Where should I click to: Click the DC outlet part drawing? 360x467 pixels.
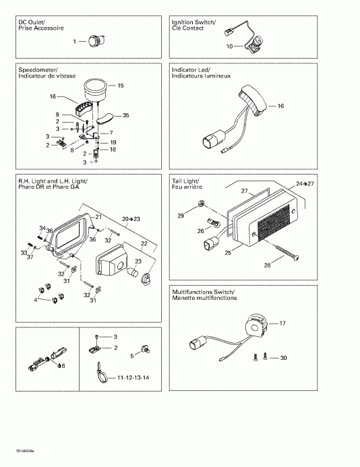[92, 42]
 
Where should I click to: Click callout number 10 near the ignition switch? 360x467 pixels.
[229, 47]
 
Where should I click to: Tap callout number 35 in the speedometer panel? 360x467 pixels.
[125, 116]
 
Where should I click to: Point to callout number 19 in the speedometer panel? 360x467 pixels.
[113, 142]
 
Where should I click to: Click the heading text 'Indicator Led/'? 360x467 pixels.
[191, 70]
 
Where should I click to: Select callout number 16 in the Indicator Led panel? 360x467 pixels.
[280, 106]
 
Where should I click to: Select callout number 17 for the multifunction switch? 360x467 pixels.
[282, 323]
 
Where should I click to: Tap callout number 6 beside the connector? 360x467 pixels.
[63, 366]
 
